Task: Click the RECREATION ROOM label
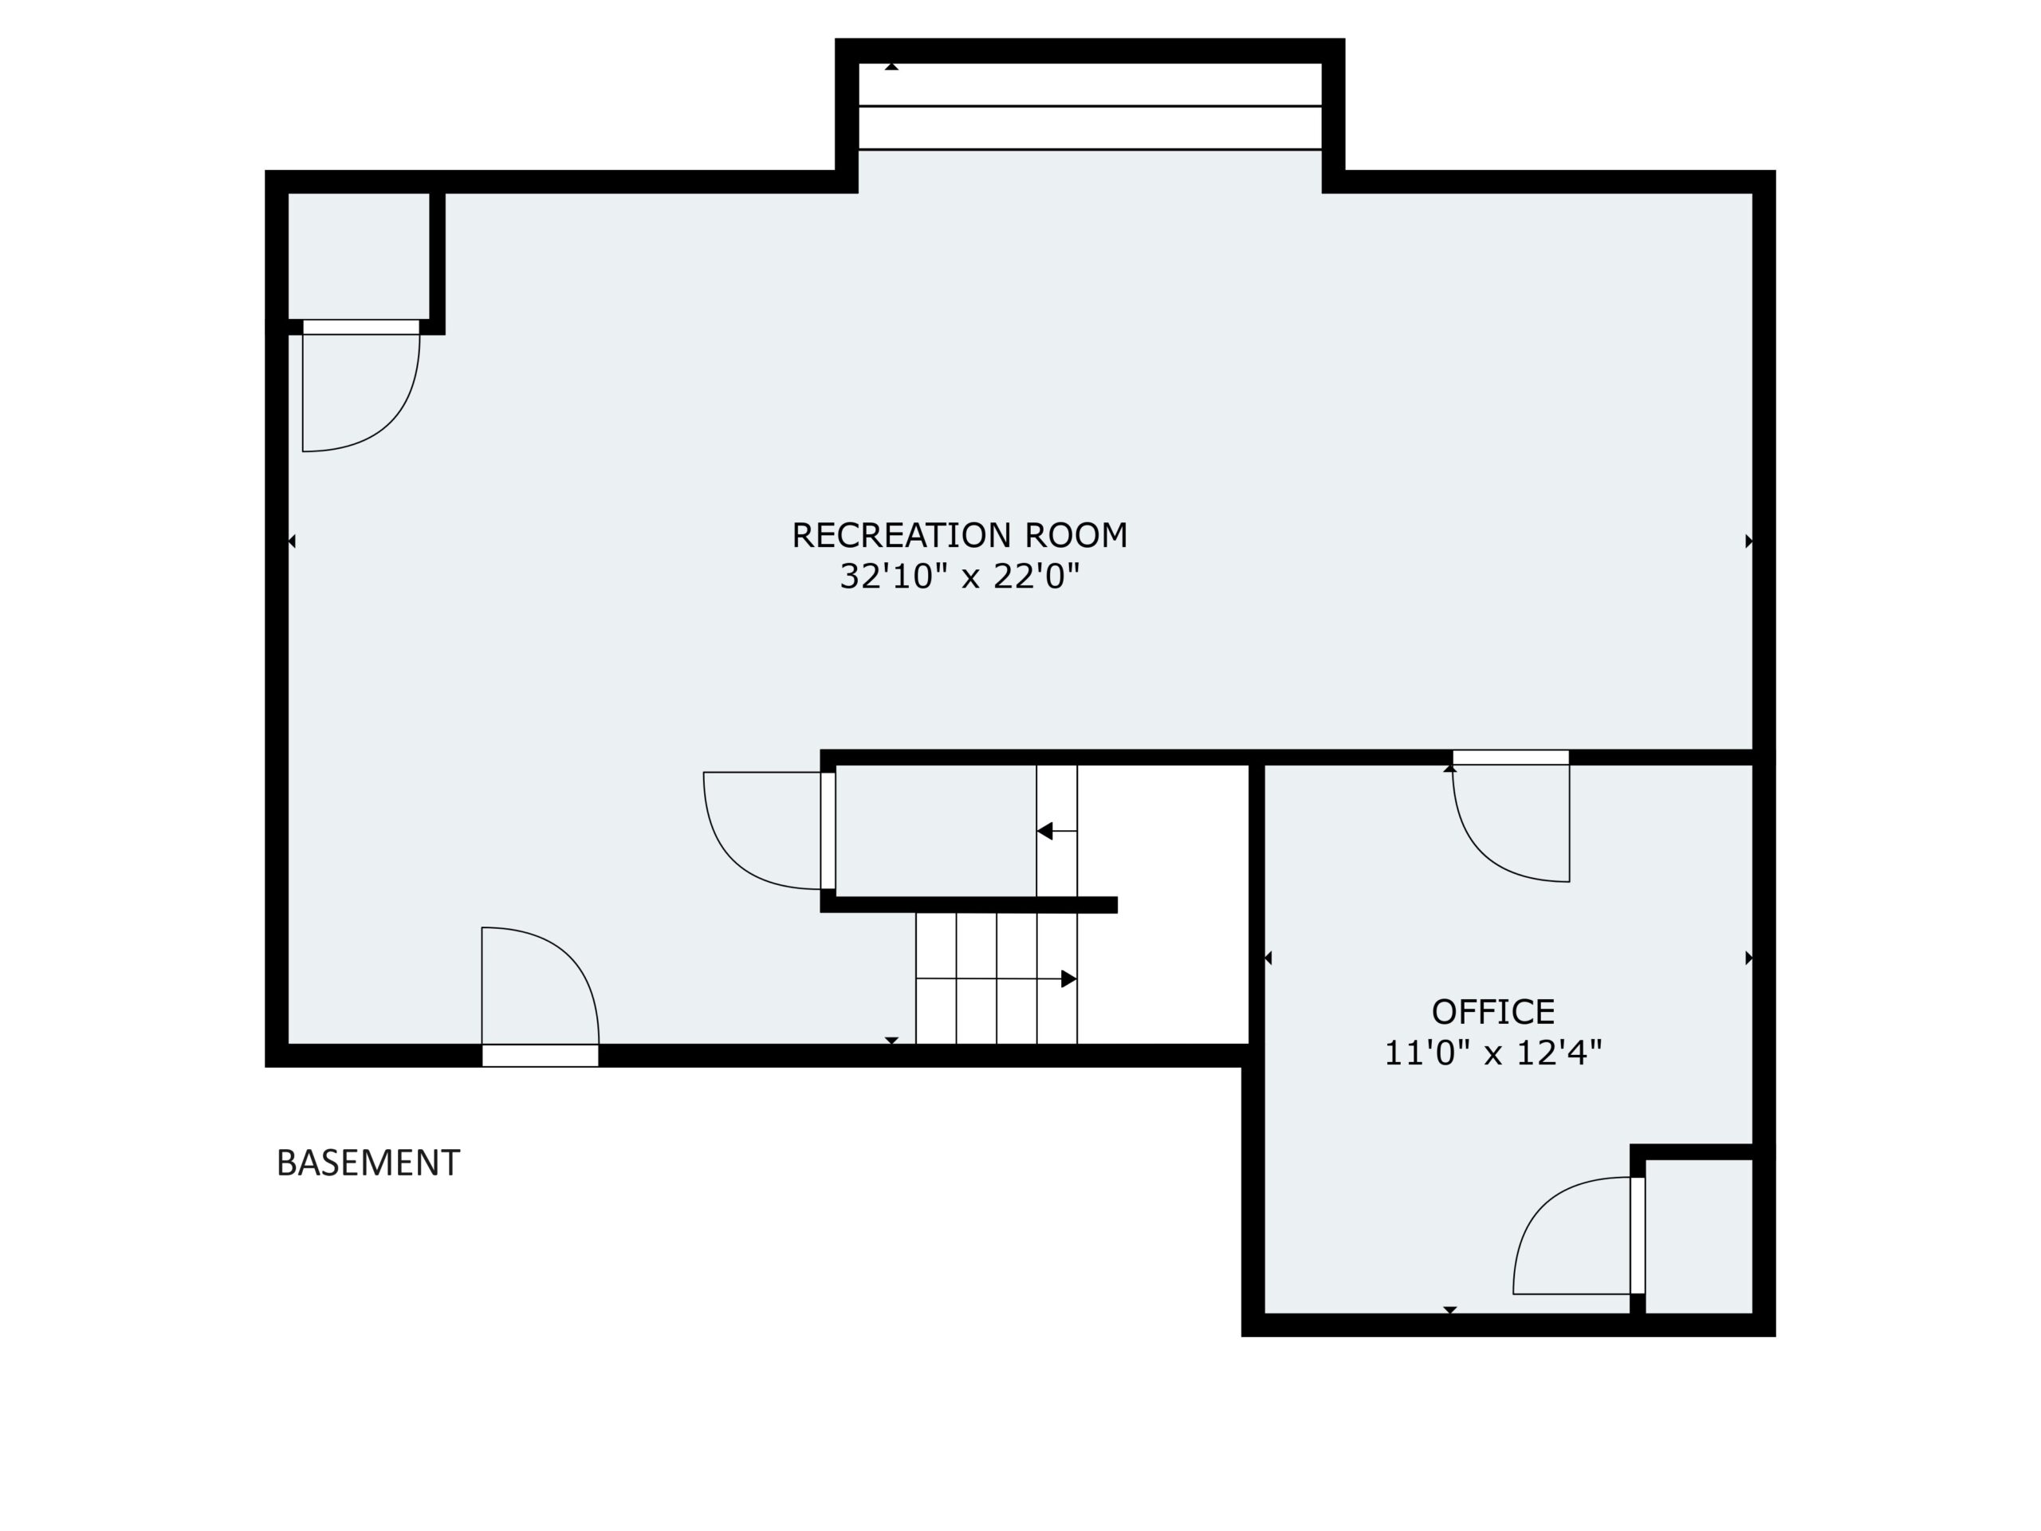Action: (960, 536)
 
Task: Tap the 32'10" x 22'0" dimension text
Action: (960, 577)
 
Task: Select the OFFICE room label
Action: (1493, 1013)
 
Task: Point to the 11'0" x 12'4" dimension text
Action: (1493, 1053)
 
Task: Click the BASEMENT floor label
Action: (368, 1163)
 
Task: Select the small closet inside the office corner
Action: (1699, 1236)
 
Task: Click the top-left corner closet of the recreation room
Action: (359, 256)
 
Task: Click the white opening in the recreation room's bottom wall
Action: (540, 1056)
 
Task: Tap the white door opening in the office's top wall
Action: (1511, 758)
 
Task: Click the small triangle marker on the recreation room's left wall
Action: (292, 541)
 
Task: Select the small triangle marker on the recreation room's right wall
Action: (1748, 541)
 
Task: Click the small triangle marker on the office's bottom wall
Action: (1450, 1309)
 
